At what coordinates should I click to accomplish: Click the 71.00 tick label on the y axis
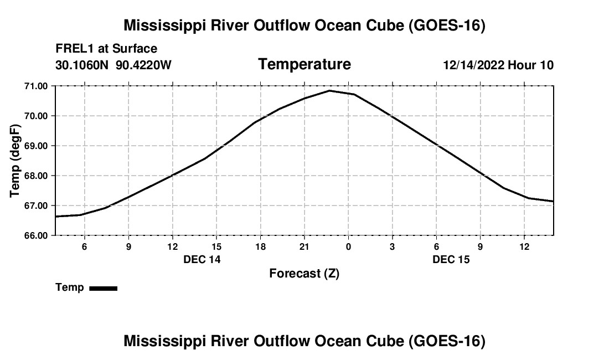[36, 86]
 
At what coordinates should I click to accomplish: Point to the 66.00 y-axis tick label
[36, 236]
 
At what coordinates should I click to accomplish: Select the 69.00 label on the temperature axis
[36, 146]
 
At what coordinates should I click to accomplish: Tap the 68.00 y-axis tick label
[36, 176]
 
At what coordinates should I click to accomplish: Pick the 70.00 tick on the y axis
[36, 116]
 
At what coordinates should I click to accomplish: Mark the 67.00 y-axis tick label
[36, 206]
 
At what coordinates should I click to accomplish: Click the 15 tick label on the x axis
[216, 246]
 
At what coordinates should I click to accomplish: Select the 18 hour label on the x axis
[261, 246]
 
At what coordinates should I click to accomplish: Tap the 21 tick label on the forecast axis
[304, 246]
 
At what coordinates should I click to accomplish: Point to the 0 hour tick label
[348, 246]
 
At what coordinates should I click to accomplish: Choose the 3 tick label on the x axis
[393, 246]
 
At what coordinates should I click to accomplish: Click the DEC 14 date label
[202, 259]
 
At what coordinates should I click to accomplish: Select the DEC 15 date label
[451, 259]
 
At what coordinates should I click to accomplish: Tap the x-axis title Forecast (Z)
[304, 274]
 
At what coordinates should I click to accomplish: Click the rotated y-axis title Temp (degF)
[15, 161]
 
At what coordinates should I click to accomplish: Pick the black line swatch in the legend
[104, 289]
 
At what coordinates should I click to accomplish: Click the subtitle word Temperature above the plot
[304, 64]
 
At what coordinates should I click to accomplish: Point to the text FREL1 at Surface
[106, 49]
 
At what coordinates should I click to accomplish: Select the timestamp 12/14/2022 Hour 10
[498, 65]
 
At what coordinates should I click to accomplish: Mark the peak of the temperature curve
[329, 91]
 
